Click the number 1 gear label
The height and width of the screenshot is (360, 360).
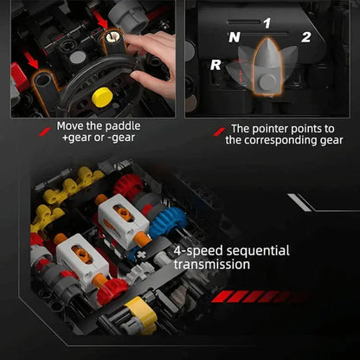click(x=267, y=23)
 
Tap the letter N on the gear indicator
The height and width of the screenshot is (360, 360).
click(x=235, y=37)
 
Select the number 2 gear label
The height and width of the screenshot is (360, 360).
click(x=306, y=37)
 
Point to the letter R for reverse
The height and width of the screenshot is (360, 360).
click(x=215, y=65)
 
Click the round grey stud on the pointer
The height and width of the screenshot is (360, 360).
click(x=267, y=82)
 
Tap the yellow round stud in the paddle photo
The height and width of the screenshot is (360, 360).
click(x=102, y=98)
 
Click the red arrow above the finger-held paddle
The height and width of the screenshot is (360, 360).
click(x=100, y=20)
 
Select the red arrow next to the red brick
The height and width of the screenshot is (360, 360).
click(x=31, y=61)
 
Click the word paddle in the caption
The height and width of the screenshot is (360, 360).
click(x=123, y=126)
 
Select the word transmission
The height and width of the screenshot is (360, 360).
click(x=212, y=265)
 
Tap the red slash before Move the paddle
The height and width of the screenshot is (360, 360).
click(x=45, y=132)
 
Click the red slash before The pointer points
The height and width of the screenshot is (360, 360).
click(x=219, y=132)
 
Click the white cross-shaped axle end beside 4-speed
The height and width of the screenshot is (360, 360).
click(x=141, y=255)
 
